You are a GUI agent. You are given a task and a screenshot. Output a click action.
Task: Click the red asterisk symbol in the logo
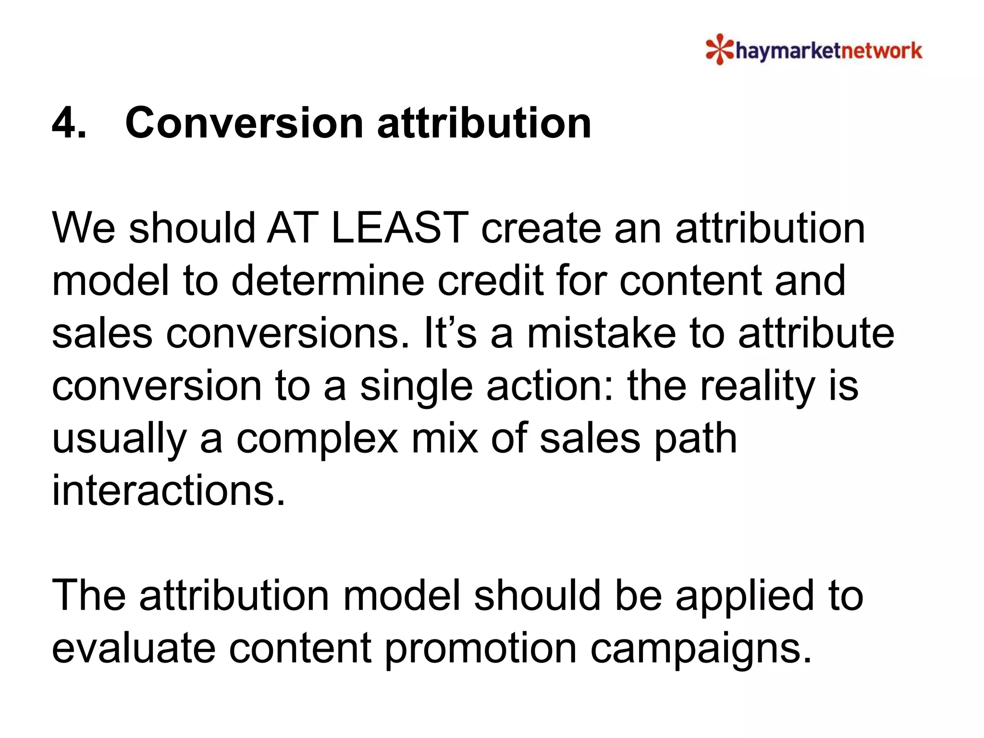pos(720,49)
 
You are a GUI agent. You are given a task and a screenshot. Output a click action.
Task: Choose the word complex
pos(318,440)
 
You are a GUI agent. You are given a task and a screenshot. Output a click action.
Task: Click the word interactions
pos(168,491)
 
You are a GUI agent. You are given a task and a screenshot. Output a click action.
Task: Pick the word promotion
pos(480,650)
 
